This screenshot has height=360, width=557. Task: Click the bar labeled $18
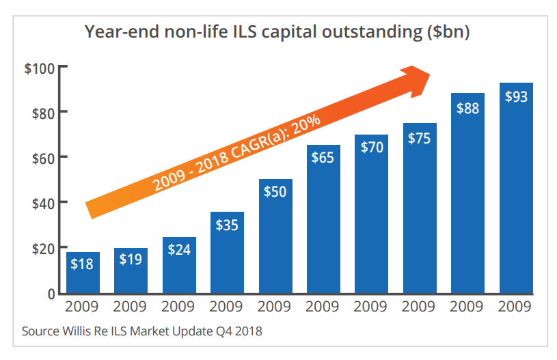pyautogui.click(x=83, y=273)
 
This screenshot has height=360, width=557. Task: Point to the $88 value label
pyautogui.click(x=467, y=107)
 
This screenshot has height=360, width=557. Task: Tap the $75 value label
pyautogui.click(x=420, y=137)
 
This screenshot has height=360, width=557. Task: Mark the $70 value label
pyautogui.click(x=372, y=146)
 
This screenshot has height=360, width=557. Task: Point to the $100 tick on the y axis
pyautogui.click(x=42, y=67)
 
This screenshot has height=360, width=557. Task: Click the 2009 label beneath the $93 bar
pyautogui.click(x=516, y=307)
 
